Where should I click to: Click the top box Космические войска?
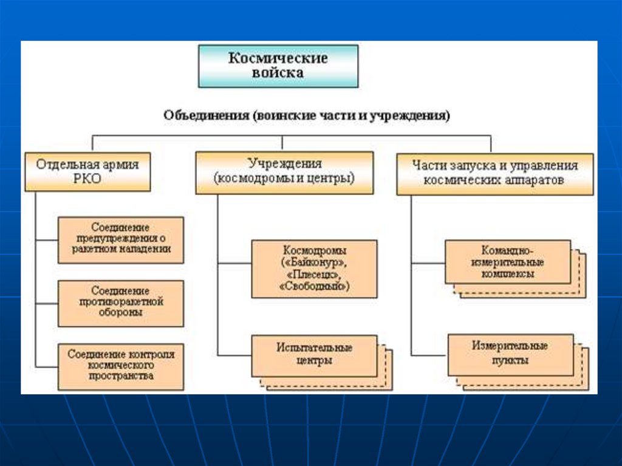click(278, 66)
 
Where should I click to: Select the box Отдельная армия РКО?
click(87, 173)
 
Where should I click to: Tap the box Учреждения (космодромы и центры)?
click(284, 173)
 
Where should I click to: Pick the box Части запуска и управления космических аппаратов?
click(495, 173)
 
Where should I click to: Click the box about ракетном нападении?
click(120, 239)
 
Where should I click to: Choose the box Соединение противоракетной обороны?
click(120, 303)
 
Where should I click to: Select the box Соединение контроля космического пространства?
click(120, 366)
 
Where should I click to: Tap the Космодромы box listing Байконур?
click(314, 268)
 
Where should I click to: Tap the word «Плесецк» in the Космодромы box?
click(314, 274)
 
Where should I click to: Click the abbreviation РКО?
click(87, 180)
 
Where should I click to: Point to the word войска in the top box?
click(278, 74)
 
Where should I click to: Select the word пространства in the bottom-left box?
click(120, 376)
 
